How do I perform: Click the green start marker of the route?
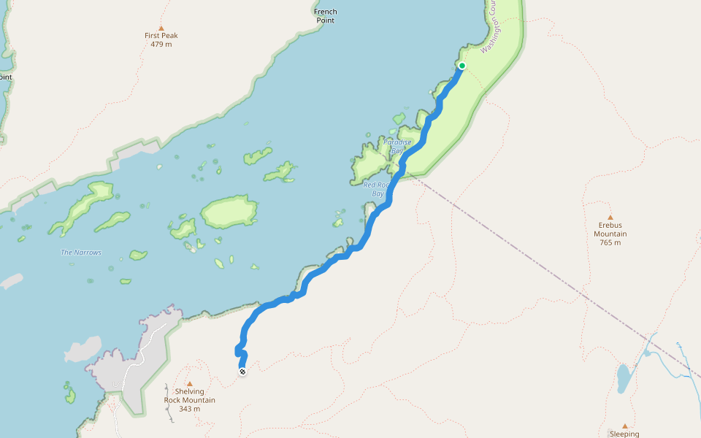(461, 66)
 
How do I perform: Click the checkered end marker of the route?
(242, 372)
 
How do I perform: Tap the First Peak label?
(161, 35)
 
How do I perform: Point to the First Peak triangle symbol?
(161, 28)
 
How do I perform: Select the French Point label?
(326, 16)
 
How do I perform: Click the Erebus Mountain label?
(610, 229)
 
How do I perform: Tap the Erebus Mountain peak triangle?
(610, 217)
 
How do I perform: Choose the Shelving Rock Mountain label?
(189, 396)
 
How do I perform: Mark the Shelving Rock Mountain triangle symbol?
(189, 383)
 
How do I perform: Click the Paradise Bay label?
(398, 146)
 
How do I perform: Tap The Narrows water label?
(81, 253)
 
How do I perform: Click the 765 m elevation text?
(610, 242)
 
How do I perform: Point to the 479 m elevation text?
(161, 45)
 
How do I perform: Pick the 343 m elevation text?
(189, 409)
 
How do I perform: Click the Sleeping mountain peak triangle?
(624, 426)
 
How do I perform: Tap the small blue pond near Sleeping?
(623, 378)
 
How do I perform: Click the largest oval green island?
(228, 212)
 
